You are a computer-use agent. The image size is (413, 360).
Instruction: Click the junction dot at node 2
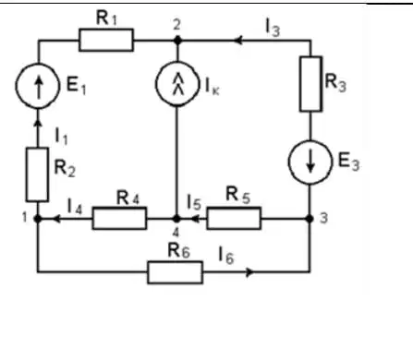coord(177,40)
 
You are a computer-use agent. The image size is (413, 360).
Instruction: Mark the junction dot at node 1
coord(38,219)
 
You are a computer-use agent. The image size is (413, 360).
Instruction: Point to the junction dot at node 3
coord(310,219)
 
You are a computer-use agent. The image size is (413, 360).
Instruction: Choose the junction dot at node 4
coord(176,219)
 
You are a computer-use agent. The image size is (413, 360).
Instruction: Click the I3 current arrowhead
coord(238,40)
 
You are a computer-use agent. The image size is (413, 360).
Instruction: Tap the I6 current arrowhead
coord(250,272)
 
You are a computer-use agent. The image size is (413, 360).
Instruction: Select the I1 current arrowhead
coord(38,123)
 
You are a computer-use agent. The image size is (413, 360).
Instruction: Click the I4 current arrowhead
coord(56,219)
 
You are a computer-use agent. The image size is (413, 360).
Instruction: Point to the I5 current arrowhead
coord(195,219)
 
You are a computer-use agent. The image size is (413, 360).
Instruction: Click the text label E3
coord(348,162)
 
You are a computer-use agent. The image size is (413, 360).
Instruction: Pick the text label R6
coord(178,251)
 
